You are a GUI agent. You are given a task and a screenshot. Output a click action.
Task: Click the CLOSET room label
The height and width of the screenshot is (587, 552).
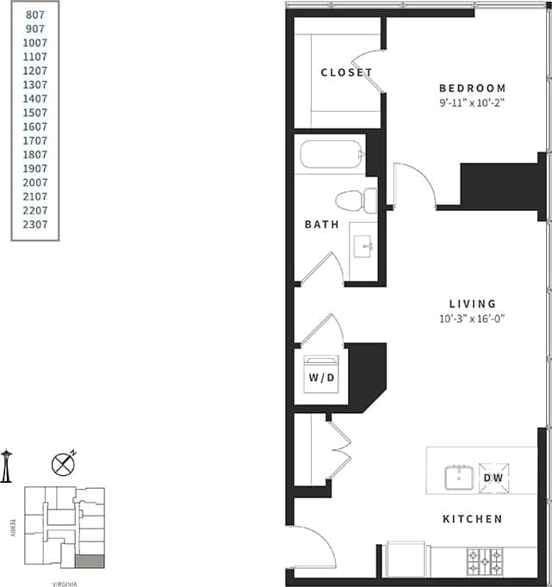point(346,72)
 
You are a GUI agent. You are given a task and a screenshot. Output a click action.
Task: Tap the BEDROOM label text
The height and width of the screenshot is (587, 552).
point(472,88)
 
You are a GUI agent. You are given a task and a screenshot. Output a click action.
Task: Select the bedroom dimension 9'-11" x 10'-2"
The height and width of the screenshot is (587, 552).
point(471,102)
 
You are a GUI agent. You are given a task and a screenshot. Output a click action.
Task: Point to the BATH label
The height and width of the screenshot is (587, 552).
point(321,225)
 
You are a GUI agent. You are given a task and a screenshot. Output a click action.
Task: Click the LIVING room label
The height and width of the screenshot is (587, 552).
point(473,304)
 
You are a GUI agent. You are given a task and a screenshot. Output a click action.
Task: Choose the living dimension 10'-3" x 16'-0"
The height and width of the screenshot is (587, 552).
point(472,318)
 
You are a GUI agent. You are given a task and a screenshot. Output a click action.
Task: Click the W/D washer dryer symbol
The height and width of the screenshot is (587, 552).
point(324,376)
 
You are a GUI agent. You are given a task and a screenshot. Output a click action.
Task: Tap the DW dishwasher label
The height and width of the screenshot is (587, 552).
point(494,477)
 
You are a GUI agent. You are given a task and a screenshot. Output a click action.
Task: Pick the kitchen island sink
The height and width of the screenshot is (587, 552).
point(459,477)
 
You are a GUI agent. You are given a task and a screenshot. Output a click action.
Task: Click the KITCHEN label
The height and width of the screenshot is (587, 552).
point(472,519)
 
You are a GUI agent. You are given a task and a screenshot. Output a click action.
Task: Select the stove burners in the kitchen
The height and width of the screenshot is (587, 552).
point(485,561)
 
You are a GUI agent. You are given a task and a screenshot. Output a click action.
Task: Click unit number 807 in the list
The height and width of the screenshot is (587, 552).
point(36,15)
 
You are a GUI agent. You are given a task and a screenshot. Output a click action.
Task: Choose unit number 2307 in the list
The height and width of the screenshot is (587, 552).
point(36,225)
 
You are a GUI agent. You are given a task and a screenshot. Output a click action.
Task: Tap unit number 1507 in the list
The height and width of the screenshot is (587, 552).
point(36,113)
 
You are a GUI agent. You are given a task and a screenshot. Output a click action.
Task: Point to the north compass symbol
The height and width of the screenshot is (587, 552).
point(63,464)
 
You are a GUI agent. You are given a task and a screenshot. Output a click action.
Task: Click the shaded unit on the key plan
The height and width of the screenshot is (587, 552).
point(90,561)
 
